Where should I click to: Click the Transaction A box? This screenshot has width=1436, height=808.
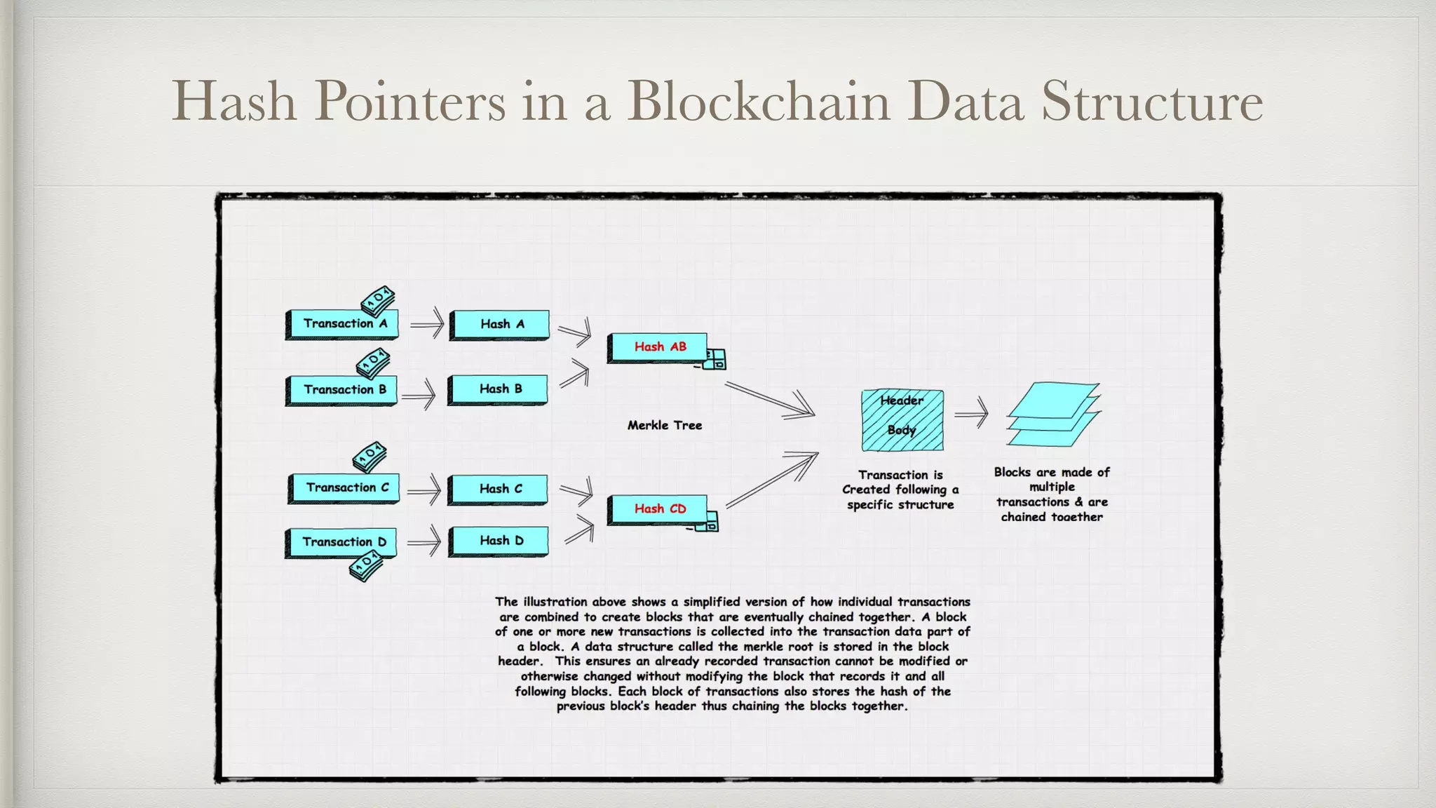coord(343,324)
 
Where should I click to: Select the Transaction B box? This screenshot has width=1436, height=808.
coord(342,390)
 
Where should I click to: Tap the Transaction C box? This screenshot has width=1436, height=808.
coord(344,488)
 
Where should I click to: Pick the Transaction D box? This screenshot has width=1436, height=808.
coord(341,542)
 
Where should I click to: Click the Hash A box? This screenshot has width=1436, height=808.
coord(500,324)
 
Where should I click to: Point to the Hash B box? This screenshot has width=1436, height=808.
coord(499,389)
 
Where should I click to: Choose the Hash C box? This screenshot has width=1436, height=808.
coord(499,489)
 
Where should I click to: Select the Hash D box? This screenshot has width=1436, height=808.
coord(499,541)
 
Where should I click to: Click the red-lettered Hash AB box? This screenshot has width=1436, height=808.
coord(658,347)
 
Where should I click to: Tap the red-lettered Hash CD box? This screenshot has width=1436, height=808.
coord(658,509)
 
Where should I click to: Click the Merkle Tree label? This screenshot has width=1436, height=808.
coord(664,425)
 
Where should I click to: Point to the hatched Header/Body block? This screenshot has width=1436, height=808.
coord(902,420)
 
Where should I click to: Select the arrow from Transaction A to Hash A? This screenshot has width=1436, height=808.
coord(428,324)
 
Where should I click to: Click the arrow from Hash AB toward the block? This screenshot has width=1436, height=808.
coord(771,400)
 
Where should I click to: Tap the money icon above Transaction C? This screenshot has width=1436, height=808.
coord(370,457)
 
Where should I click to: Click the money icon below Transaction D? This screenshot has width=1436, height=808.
coord(365,565)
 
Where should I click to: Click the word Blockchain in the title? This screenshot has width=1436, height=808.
coord(759,102)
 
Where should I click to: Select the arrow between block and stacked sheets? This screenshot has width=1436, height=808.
coord(971,414)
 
